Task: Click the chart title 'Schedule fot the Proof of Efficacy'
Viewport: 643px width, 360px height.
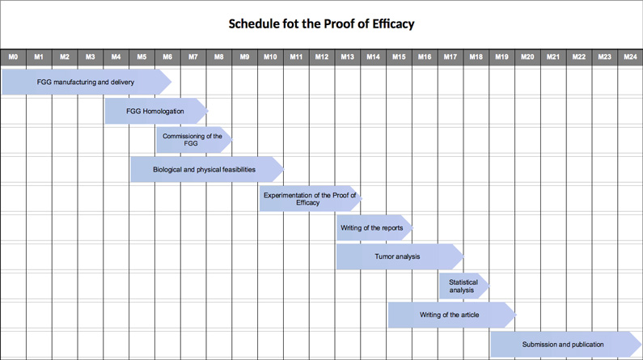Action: tap(321, 23)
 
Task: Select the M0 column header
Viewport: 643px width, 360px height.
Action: tap(13, 57)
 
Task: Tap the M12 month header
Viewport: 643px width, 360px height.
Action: tap(322, 57)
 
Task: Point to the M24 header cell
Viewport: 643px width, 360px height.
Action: tap(630, 57)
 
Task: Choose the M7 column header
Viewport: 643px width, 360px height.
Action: tap(193, 57)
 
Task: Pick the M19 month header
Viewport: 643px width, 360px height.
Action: tap(501, 57)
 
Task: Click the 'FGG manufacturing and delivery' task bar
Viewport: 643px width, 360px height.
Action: tap(87, 82)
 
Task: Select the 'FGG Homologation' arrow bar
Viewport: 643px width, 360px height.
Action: tap(156, 111)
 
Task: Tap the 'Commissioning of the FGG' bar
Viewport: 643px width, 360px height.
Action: tap(194, 140)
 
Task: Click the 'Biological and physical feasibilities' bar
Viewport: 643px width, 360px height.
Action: tap(207, 169)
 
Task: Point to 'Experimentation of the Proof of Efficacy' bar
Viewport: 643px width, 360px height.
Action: tap(311, 198)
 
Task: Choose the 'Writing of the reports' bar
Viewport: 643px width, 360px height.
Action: tap(374, 227)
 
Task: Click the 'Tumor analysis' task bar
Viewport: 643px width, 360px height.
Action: tap(400, 256)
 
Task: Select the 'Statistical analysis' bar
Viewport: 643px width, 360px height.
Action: tap(464, 286)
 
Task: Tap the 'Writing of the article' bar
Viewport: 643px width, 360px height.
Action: tap(452, 315)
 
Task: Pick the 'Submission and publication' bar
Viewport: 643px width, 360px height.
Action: tap(566, 345)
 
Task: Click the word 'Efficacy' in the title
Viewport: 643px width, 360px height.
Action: tap(393, 23)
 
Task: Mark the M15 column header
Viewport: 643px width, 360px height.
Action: tap(399, 57)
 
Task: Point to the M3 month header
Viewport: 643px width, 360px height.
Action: tap(91, 57)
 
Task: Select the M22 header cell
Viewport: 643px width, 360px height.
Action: tap(579, 57)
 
